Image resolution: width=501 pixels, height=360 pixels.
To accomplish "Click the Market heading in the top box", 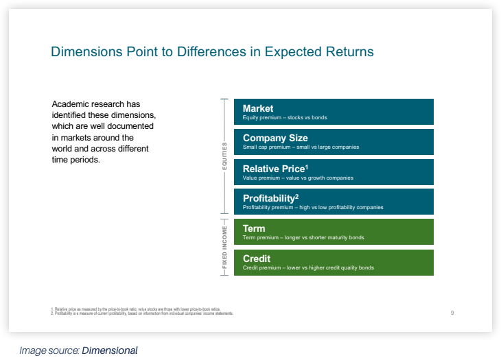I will click(x=258, y=108).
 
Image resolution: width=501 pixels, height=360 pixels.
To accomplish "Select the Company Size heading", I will click(x=275, y=139).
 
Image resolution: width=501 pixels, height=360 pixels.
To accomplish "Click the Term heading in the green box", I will click(x=254, y=228).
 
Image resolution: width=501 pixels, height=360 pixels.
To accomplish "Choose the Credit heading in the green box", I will click(x=257, y=259).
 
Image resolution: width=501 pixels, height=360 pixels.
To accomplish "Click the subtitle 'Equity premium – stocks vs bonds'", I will click(x=285, y=118).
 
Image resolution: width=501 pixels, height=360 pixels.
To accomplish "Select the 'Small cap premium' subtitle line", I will click(x=301, y=147).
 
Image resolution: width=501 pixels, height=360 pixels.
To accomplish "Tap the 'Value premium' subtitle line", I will click(x=298, y=178).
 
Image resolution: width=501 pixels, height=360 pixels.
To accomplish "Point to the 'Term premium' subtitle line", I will click(x=303, y=238).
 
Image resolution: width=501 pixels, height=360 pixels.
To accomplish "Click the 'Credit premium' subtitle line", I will click(x=308, y=268).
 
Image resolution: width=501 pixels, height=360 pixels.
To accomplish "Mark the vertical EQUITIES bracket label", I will click(x=223, y=157).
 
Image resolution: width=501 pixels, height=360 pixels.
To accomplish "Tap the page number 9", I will click(x=452, y=313).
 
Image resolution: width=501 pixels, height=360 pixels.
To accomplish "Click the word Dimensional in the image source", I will click(x=110, y=350).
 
